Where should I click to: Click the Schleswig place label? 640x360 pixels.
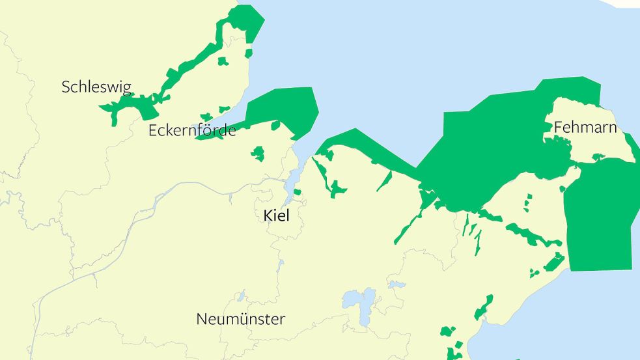[96, 87]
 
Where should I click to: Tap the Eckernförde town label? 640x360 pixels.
[192, 131]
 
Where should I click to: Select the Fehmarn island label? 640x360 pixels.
[585, 128]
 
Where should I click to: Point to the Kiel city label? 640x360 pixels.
[277, 215]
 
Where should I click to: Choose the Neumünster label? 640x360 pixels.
[240, 320]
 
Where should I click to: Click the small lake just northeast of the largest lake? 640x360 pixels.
[396, 284]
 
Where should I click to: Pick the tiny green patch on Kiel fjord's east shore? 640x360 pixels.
[298, 192]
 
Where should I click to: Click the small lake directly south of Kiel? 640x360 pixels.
[281, 265]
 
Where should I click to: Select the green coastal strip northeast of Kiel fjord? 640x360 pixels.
[365, 146]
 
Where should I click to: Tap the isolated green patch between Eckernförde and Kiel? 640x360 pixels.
[258, 154]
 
